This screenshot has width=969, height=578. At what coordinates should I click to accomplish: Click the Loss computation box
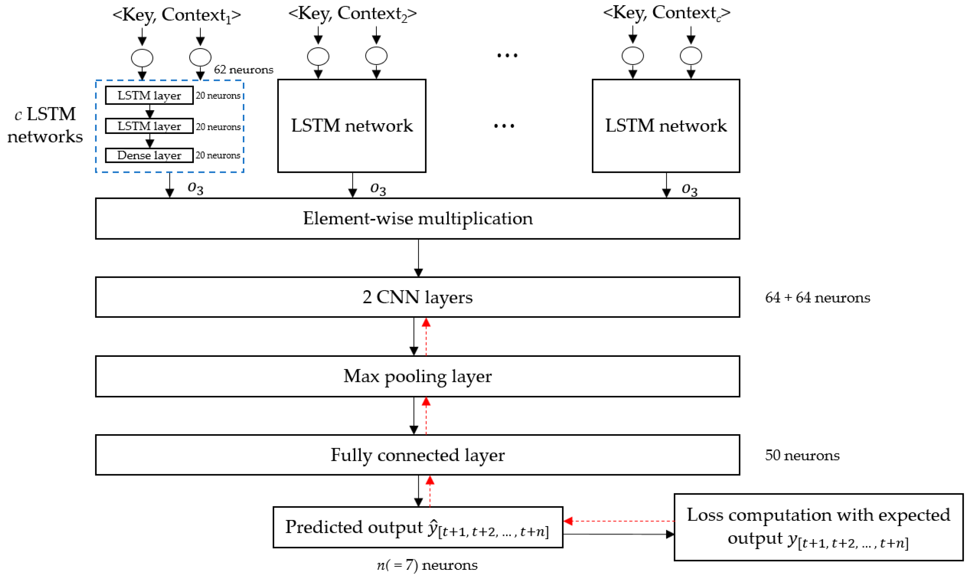coord(818,527)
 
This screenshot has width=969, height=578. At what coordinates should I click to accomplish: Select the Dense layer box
coord(149,155)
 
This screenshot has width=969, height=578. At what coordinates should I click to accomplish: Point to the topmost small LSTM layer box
coord(149,95)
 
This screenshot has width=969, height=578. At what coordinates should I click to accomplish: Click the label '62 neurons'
coord(243,70)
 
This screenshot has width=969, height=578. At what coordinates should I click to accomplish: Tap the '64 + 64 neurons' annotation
coord(817,298)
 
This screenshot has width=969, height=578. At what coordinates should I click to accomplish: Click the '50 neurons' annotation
coord(802,455)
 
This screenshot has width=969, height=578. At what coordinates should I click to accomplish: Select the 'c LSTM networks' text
coord(45,125)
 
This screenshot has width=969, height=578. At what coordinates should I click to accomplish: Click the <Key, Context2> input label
coord(352,14)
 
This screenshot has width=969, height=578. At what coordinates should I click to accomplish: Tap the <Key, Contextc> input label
coord(666,13)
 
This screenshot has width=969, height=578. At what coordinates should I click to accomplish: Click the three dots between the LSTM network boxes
coord(504,126)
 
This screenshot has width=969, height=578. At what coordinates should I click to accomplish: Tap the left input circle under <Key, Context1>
coord(142,58)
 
